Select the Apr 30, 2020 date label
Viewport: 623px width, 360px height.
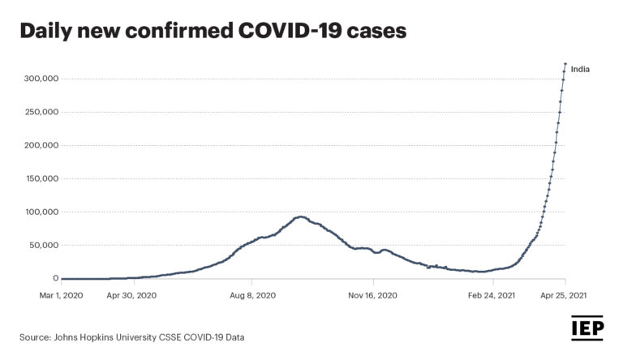(x=131, y=296)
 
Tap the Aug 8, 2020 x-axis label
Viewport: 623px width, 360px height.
(x=253, y=296)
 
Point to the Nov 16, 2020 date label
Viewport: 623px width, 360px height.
(x=373, y=296)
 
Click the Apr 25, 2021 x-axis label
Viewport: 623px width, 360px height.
(x=565, y=296)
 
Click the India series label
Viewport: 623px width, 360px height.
(x=580, y=70)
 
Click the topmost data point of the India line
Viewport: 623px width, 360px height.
(x=565, y=63)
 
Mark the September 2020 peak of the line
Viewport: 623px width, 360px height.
(x=300, y=216)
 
